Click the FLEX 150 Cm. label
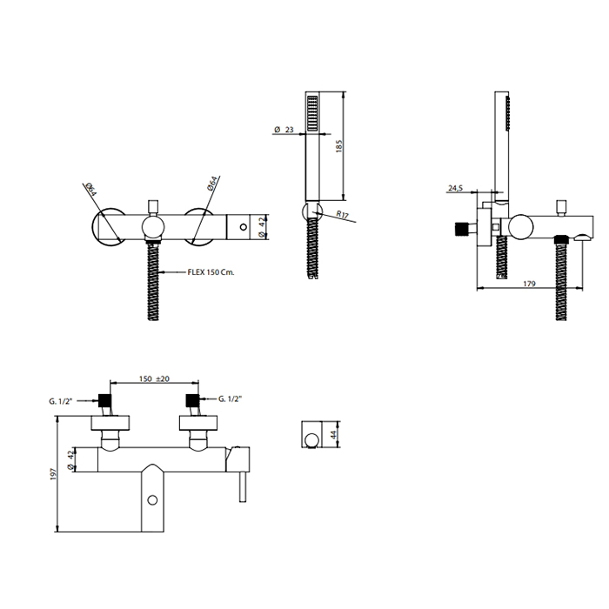[x=211, y=271]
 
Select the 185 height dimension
[x=339, y=146]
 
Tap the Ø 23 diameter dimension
[x=284, y=130]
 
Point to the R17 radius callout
[x=343, y=214]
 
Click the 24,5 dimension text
[x=456, y=189]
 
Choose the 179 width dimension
[x=529, y=284]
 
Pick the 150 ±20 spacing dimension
[x=154, y=378]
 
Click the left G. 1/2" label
[x=61, y=401]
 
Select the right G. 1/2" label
[x=230, y=398]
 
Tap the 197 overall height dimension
[x=54, y=474]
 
